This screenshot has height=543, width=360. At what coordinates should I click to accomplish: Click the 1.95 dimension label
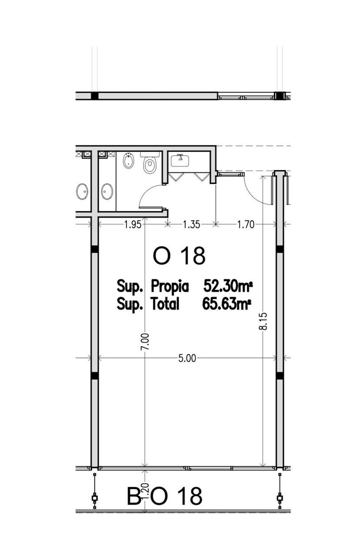click(133, 225)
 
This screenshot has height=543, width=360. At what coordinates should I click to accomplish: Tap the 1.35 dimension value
click(192, 225)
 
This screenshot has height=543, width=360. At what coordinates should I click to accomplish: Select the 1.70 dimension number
click(246, 225)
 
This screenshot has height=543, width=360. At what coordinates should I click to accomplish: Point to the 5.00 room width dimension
click(187, 358)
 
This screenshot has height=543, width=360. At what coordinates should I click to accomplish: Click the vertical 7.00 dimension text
click(145, 342)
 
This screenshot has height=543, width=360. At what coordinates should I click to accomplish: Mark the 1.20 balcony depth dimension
click(145, 491)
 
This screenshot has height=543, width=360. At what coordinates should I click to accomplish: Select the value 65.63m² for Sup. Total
click(226, 304)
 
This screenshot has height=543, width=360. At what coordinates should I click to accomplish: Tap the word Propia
click(169, 287)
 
